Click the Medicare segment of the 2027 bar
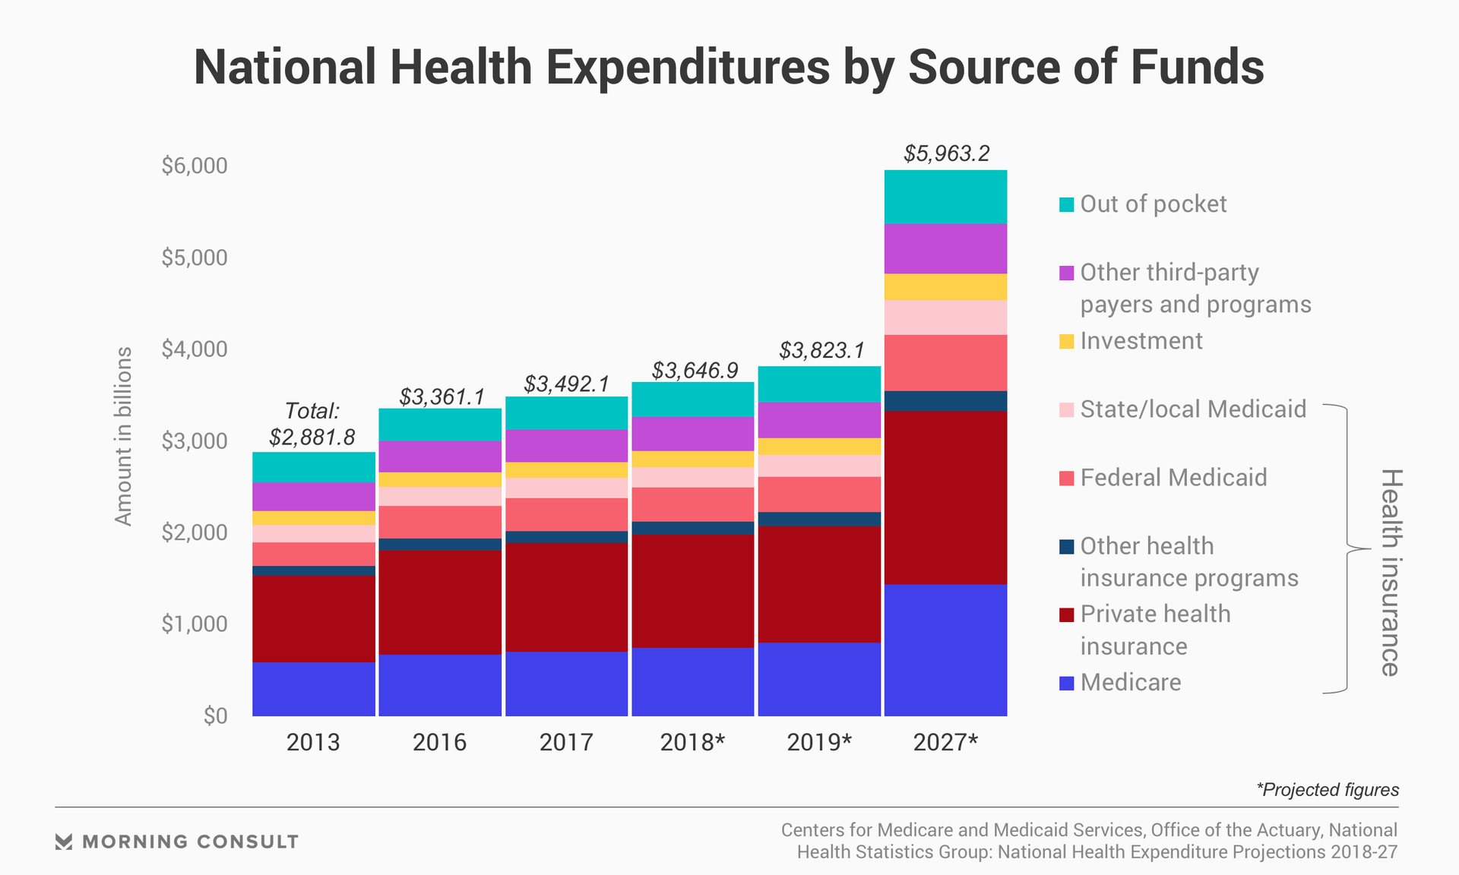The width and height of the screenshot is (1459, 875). (945, 649)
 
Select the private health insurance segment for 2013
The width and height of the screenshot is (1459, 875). (313, 618)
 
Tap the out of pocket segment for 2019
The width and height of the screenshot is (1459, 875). (819, 384)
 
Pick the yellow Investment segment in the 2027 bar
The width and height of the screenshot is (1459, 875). (945, 287)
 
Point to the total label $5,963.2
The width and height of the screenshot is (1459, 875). (946, 153)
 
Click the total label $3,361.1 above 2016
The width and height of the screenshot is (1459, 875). (441, 396)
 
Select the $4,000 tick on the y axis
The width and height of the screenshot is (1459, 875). (194, 349)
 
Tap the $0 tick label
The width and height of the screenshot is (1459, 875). (215, 715)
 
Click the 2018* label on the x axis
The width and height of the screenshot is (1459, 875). (692, 742)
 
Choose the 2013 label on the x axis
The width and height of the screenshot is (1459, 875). (313, 742)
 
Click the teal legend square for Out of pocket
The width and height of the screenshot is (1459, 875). (1066, 204)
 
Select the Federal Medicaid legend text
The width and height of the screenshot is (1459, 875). (1173, 478)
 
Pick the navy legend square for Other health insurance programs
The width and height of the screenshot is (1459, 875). (1066, 546)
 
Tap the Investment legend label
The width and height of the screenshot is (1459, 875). (1141, 341)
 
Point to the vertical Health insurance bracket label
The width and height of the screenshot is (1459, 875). (1390, 572)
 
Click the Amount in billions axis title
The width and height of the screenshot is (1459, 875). (123, 436)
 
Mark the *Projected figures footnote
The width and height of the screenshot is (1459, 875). (1327, 790)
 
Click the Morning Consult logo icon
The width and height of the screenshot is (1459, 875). (64, 842)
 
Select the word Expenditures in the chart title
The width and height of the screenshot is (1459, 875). (687, 67)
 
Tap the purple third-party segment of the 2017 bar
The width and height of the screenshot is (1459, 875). (566, 446)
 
